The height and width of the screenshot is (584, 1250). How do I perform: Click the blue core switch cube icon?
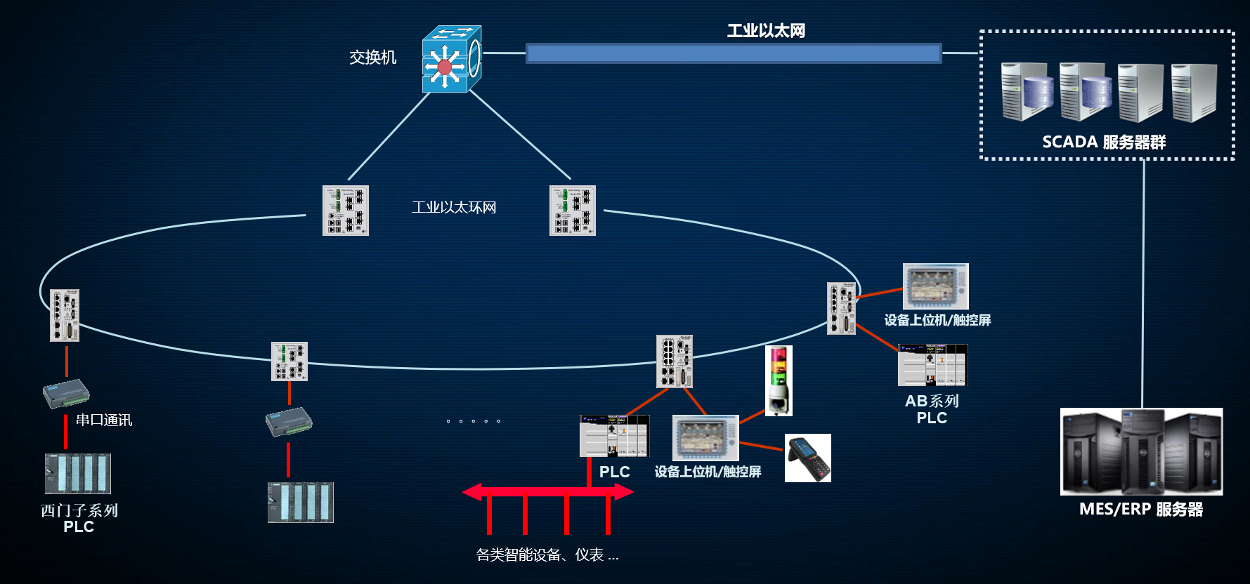tap(451, 60)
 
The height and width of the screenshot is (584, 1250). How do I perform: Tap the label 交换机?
tap(372, 58)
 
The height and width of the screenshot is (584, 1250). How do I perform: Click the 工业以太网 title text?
tap(766, 31)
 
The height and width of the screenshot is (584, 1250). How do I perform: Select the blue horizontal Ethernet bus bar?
tap(734, 53)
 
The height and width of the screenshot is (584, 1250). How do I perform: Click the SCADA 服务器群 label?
tap(1103, 142)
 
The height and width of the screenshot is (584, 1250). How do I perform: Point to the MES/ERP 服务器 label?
tap(1140, 510)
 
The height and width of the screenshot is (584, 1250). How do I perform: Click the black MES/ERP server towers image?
tap(1141, 451)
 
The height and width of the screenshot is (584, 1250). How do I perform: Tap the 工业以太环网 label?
tap(454, 208)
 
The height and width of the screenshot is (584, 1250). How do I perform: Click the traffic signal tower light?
tap(779, 380)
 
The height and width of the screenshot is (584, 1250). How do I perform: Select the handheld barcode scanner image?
tap(807, 458)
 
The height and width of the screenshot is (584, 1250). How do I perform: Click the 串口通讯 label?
tap(104, 420)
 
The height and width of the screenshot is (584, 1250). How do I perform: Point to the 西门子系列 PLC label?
tap(79, 519)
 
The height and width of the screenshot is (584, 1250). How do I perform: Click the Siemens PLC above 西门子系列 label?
tap(78, 474)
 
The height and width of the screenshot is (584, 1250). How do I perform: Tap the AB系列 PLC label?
tap(932, 409)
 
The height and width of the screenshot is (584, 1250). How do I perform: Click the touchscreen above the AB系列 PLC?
tap(935, 286)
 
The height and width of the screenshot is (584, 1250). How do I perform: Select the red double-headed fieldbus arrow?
tap(547, 492)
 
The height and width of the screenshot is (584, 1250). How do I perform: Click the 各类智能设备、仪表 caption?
tap(547, 555)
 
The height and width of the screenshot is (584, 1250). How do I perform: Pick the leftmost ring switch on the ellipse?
tap(65, 315)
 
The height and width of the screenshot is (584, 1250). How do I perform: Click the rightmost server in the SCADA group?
tap(1193, 93)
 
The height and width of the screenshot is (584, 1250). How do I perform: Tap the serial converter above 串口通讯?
tap(66, 394)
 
